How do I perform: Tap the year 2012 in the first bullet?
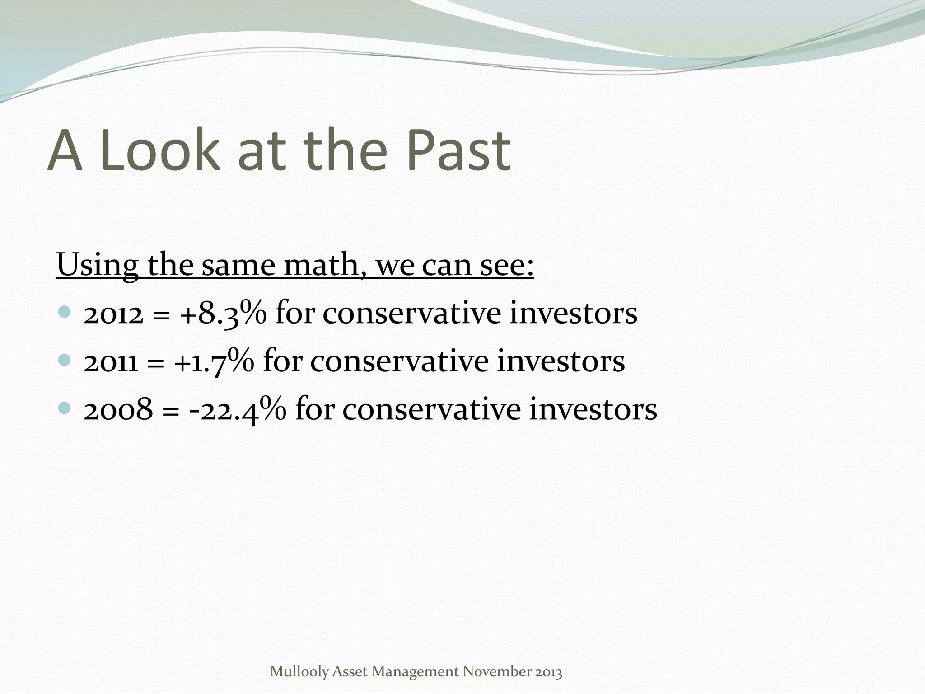(x=113, y=314)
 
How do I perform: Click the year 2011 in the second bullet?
(x=111, y=362)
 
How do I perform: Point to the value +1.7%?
(x=214, y=361)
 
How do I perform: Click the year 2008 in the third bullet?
(x=118, y=410)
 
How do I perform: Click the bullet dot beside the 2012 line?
(x=65, y=311)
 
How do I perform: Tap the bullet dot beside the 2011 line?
(x=65, y=360)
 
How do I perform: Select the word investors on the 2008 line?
(x=593, y=409)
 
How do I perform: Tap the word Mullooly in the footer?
(x=299, y=672)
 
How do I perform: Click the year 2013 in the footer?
(x=549, y=672)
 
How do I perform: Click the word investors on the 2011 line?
(x=561, y=361)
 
